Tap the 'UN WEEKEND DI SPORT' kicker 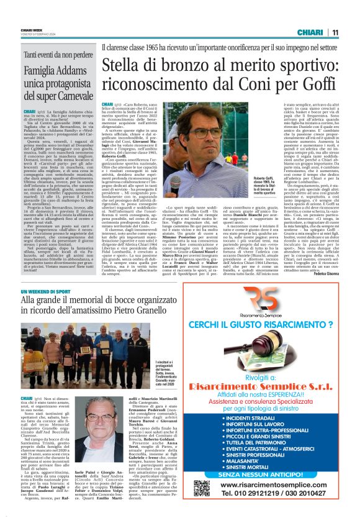[45, 291]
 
